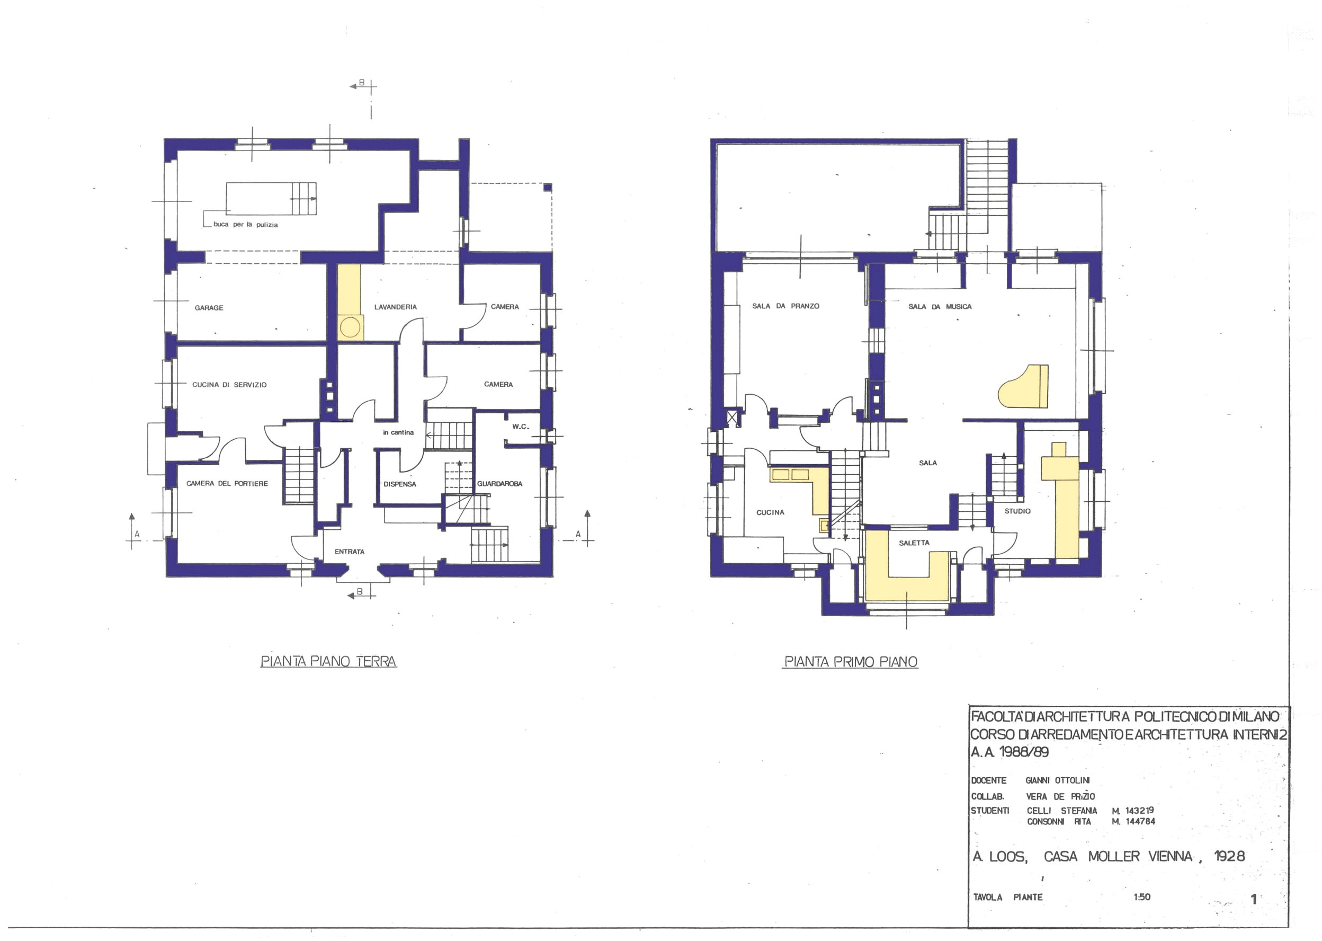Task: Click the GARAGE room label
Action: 209,308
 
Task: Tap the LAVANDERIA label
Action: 395,307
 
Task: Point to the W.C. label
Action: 520,427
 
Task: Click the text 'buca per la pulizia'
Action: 246,224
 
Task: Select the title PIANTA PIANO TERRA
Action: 328,662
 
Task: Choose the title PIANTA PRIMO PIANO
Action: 851,662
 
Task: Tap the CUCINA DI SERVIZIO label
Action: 229,385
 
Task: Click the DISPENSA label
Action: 399,484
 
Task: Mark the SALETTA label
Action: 914,543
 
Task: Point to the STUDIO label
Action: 1017,511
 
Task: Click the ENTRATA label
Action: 349,552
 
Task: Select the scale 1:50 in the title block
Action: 1142,897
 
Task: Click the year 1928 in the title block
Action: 1229,856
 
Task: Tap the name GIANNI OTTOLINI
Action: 1057,780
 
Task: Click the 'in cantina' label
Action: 398,432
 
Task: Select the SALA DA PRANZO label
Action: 785,306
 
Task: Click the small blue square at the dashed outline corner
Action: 547,187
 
